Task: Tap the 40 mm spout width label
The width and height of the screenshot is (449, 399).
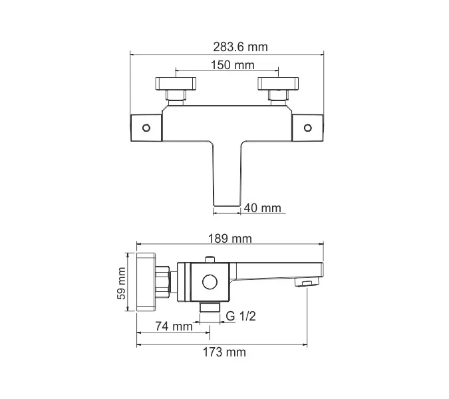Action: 262,208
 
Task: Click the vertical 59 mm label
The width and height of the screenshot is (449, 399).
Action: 122,284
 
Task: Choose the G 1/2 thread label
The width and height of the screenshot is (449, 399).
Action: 241,317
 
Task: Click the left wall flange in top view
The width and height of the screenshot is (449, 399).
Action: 175,84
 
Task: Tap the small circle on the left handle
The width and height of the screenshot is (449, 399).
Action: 147,126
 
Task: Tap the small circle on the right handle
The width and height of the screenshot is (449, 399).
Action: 308,126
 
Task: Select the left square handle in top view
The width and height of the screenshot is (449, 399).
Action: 146,126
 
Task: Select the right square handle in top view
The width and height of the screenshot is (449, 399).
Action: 309,126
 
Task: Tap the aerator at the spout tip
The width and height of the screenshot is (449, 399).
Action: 305,284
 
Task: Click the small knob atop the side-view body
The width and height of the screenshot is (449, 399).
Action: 211,259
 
